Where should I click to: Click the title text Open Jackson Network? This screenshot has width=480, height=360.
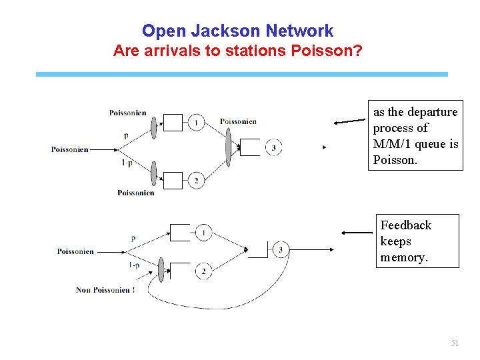pos(237,31)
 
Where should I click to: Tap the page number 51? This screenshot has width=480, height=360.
pos(455,343)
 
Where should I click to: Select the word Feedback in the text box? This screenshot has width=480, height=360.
pos(405,225)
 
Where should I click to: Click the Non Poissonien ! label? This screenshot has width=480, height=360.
pos(105,290)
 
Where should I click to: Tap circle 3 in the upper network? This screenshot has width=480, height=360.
pos(273,148)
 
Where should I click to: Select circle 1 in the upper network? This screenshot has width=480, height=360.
pos(196,123)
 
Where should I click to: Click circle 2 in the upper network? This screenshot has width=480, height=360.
pos(196,181)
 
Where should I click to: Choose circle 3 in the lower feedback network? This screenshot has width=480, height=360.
pos(281,250)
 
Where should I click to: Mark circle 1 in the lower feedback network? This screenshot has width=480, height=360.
pos(203,232)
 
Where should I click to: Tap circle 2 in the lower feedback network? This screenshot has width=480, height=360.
pos(203,271)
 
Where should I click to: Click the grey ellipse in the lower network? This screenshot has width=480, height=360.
pos(161,269)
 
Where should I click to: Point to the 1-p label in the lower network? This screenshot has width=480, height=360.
pos(133,265)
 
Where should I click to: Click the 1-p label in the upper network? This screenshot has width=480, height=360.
pos(126,162)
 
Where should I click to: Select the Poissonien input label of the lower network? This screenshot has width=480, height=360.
pos(75,251)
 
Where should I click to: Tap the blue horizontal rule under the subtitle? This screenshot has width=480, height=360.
pos(241,74)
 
